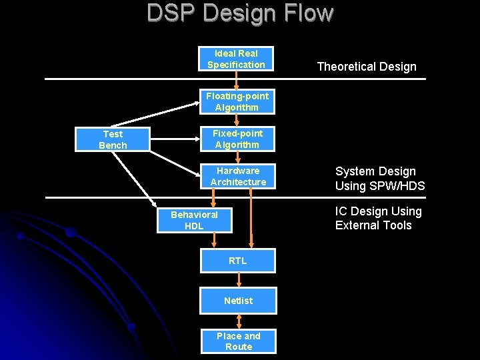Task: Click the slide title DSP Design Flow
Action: pyautogui.click(x=239, y=13)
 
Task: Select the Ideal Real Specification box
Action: pyautogui.click(x=236, y=59)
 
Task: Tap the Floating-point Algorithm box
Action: pyautogui.click(x=237, y=101)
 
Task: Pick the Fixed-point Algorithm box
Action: pyautogui.click(x=237, y=139)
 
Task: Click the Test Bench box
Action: pyautogui.click(x=113, y=139)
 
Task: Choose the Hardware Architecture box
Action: pyautogui.click(x=238, y=176)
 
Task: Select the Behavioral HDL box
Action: pyautogui.click(x=194, y=220)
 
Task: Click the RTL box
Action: pyautogui.click(x=238, y=261)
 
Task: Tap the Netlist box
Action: pyautogui.click(x=238, y=301)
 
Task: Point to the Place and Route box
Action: pyautogui.click(x=238, y=341)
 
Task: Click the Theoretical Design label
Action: pyautogui.click(x=366, y=66)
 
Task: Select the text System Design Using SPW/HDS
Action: pyautogui.click(x=379, y=179)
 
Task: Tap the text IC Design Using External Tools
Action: pyautogui.click(x=378, y=218)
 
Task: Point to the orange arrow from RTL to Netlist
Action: pyautogui.click(x=238, y=281)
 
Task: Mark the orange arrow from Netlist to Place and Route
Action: pyautogui.click(x=238, y=321)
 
